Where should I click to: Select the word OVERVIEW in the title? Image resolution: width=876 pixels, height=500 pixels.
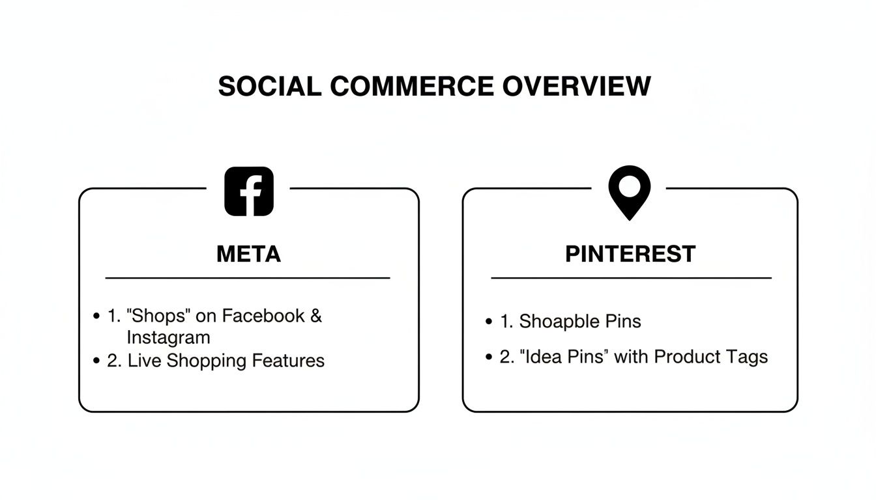point(576,86)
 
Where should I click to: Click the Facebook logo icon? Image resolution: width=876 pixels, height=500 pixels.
point(248,191)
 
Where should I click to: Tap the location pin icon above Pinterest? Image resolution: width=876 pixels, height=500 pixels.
point(629,191)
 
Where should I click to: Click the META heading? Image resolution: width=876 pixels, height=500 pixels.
point(248,254)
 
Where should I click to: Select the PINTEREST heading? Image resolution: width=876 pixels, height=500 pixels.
point(630,254)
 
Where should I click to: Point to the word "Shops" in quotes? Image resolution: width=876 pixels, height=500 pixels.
point(158,316)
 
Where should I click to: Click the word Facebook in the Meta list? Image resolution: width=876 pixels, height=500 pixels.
point(263,316)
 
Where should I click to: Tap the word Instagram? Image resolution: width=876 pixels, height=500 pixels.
point(168,337)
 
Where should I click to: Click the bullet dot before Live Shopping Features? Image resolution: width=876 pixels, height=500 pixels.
point(97,361)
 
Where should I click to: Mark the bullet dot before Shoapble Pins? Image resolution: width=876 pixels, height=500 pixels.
point(489,322)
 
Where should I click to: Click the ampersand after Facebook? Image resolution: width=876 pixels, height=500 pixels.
point(315,316)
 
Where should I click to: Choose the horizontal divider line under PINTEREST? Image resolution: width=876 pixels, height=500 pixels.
point(630,278)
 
